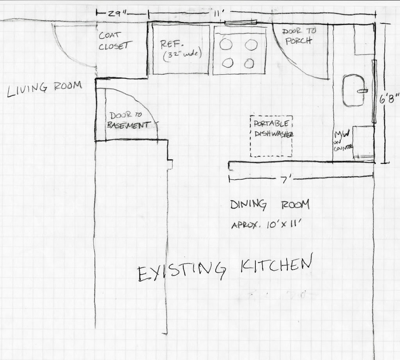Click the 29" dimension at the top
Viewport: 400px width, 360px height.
[x=118, y=13]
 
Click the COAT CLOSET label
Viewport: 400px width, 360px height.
[x=114, y=41]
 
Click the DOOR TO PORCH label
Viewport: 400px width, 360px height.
[x=299, y=36]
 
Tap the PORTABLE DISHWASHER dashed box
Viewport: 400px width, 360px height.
[x=272, y=136]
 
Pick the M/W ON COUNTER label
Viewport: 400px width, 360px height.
[x=342, y=140]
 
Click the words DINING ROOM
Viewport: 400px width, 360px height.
[x=269, y=205]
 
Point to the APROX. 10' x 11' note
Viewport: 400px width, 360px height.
[x=267, y=225]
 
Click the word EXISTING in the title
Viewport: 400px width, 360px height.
[x=182, y=270]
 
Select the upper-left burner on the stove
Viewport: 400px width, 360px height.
[x=226, y=44]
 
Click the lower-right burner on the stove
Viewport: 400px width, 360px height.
[x=249, y=63]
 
